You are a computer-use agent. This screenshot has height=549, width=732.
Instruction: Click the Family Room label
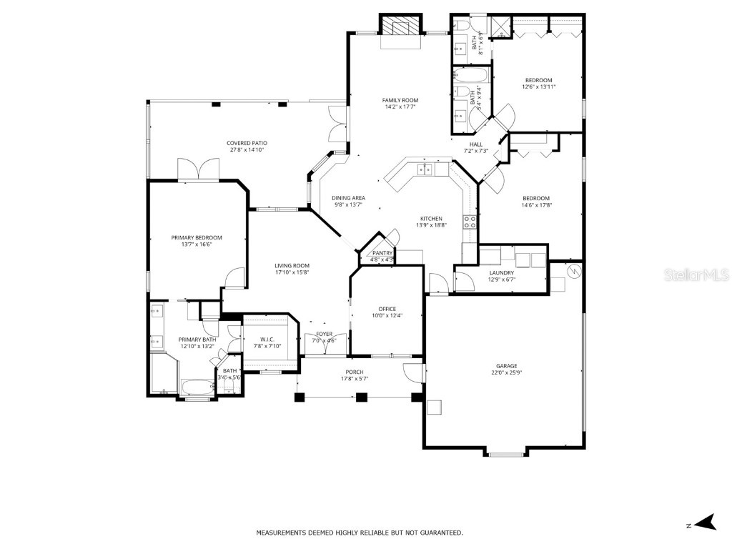(x=400, y=100)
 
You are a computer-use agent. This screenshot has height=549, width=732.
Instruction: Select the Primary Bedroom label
(x=196, y=237)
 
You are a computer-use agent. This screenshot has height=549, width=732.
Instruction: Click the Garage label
(x=507, y=366)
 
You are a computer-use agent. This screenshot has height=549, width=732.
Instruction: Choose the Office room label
(x=387, y=309)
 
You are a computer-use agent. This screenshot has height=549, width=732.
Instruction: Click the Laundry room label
(x=502, y=272)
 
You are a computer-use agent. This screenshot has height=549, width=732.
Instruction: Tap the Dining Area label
(x=348, y=198)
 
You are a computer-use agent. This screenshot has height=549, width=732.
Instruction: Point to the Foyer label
(x=324, y=334)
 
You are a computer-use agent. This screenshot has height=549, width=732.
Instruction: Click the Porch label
(x=354, y=372)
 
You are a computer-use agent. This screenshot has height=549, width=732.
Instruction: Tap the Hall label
(x=475, y=144)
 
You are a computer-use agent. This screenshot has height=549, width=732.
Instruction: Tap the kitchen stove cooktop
(x=470, y=222)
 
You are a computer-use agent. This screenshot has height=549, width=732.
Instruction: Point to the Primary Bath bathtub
(x=197, y=388)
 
